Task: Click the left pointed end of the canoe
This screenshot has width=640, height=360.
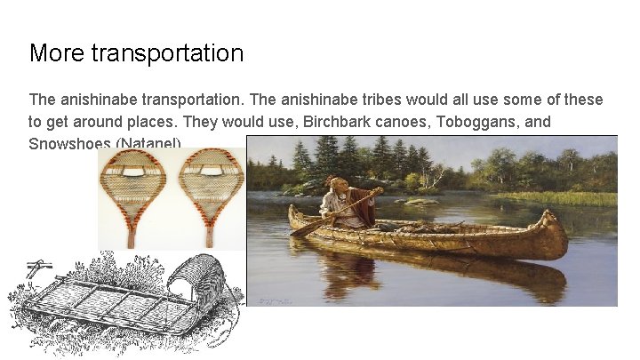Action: coord(293,213)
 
